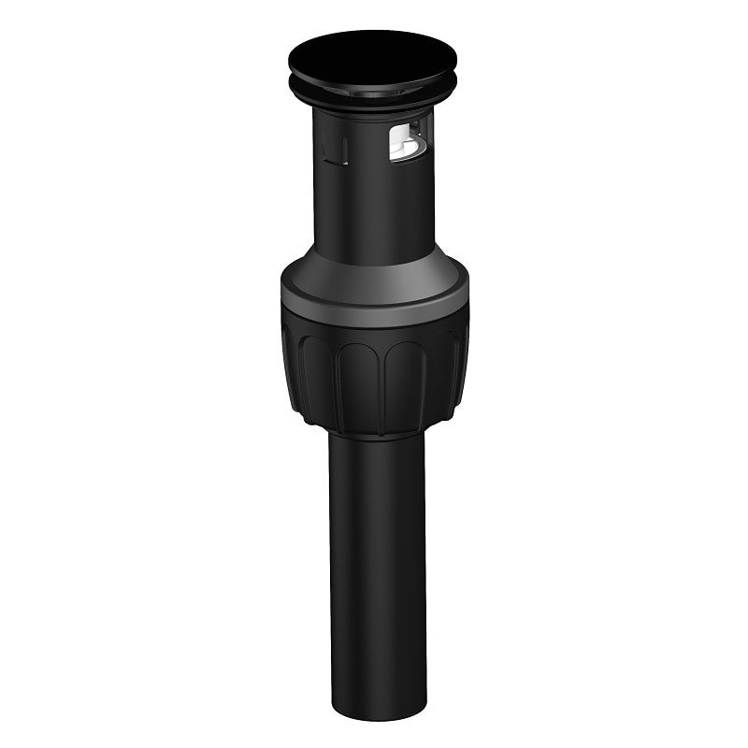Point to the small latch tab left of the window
point(334,147)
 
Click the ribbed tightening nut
point(374,374)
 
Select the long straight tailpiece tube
point(377,561)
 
